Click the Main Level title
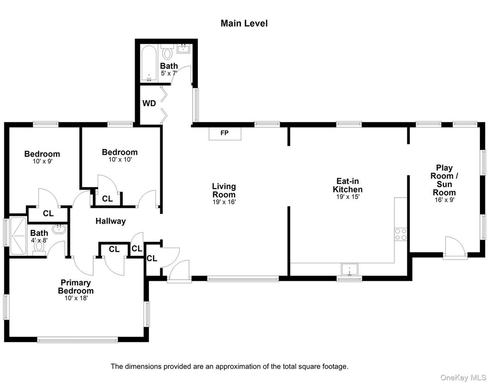tap(244, 23)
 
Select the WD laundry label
tap(149, 103)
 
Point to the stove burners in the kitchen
tap(401, 234)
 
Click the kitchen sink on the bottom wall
tap(349, 270)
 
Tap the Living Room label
tap(224, 190)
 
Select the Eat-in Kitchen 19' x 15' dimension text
tap(350, 197)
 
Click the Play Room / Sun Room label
tap(444, 180)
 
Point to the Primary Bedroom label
tap(76, 287)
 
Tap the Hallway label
tap(110, 221)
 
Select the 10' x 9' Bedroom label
tap(42, 154)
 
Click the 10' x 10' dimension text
tap(120, 160)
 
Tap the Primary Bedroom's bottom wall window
tap(77, 340)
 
